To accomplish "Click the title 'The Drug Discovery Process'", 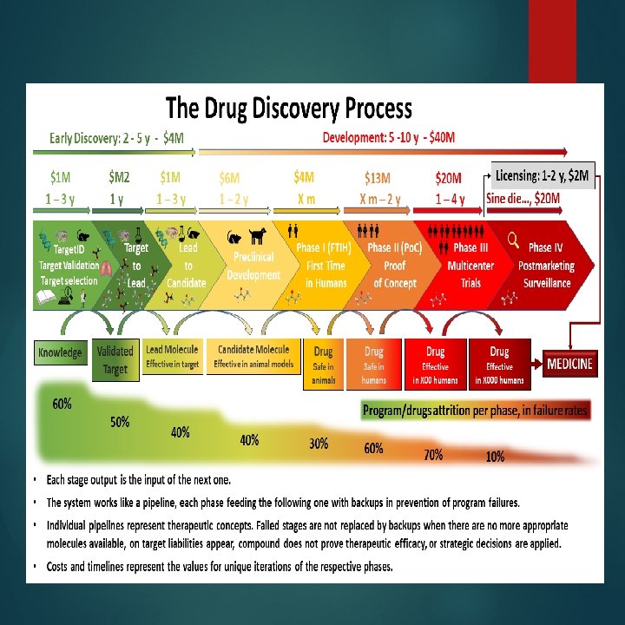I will click(289, 109).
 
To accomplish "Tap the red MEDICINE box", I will click(570, 364).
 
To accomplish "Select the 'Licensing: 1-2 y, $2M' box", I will click(543, 177).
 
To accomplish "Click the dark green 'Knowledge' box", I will click(60, 352).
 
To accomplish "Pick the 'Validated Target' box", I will click(115, 360).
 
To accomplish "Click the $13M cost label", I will click(379, 178).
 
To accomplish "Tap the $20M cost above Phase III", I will click(448, 178).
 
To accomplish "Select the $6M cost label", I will click(229, 178).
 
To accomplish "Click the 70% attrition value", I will click(433, 454).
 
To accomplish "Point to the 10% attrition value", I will click(495, 457).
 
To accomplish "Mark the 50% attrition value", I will click(120, 422).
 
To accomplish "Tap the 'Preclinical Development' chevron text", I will click(253, 266).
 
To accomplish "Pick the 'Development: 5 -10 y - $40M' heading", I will click(389, 137).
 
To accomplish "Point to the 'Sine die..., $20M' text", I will click(523, 199).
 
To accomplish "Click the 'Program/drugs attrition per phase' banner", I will click(476, 410).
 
